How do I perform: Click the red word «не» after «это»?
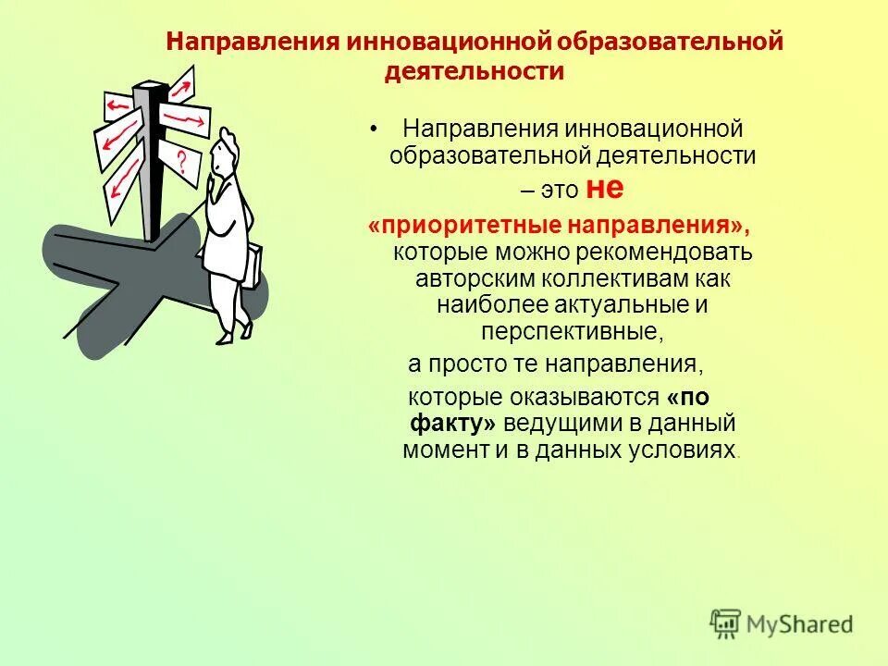pos(605,189)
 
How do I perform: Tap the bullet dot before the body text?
pos(374,129)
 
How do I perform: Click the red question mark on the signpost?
pos(181,165)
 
